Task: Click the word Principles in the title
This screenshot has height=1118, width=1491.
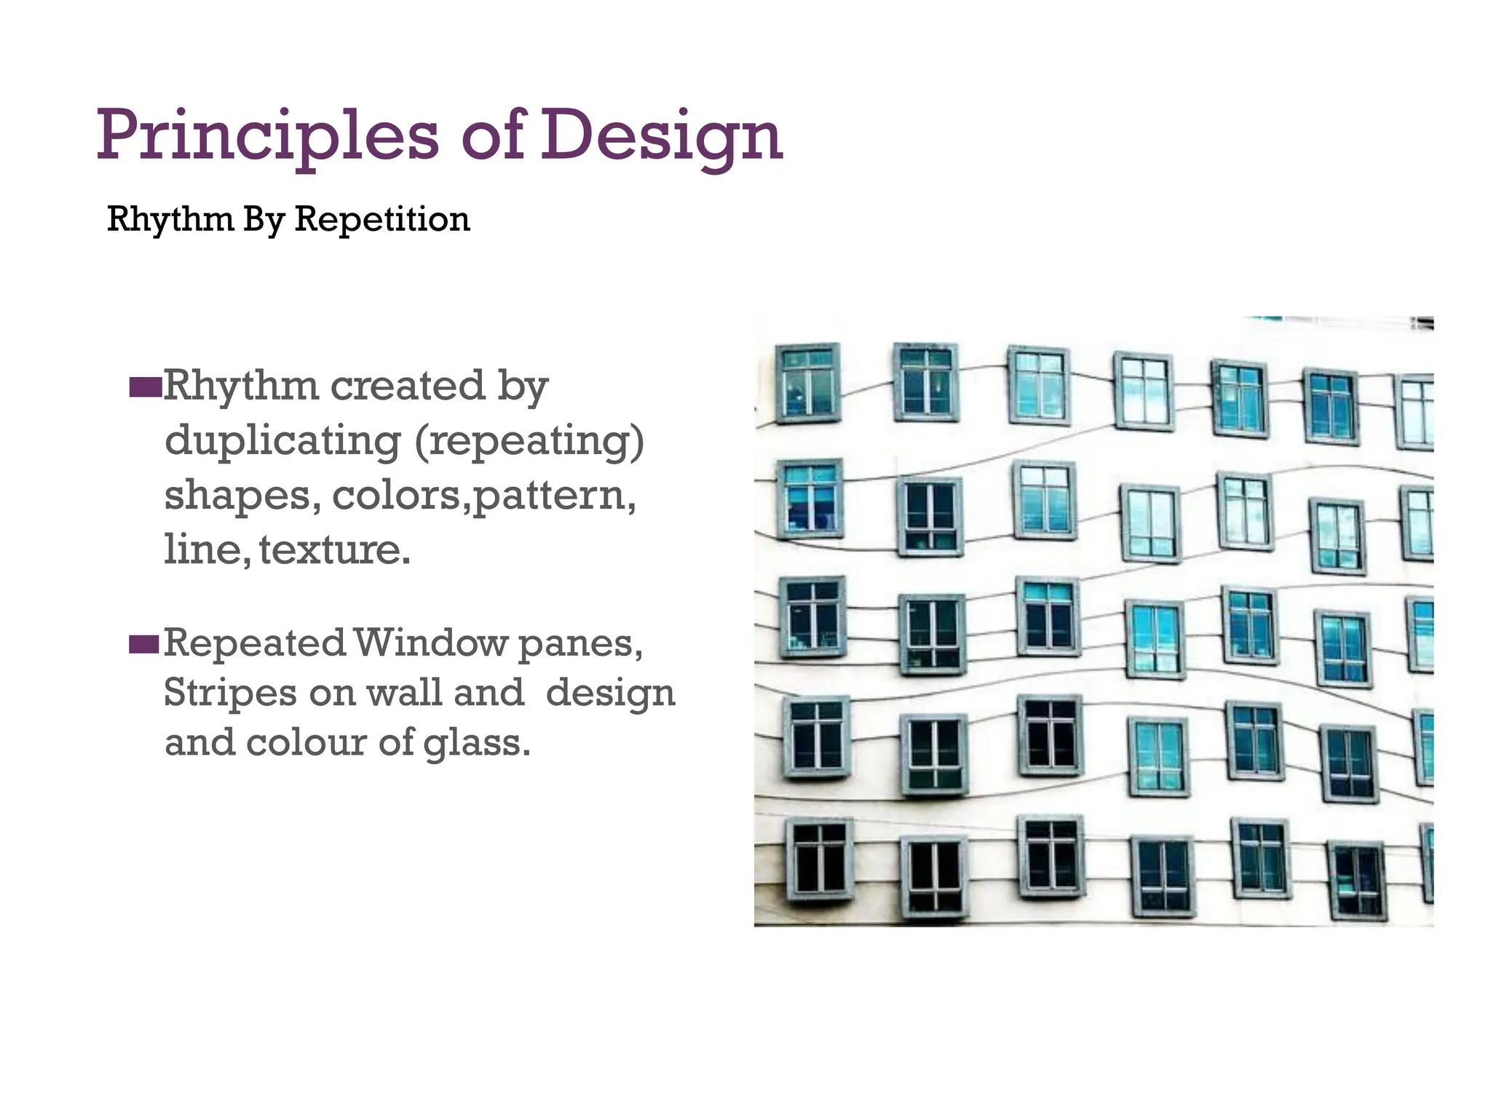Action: coord(267,136)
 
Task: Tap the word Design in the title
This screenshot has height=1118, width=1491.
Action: coord(661,136)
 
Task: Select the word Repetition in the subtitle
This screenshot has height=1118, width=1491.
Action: coord(382,219)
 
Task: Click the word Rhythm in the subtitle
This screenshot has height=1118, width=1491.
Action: coord(170,219)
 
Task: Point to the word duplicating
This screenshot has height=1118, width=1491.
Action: coord(282,441)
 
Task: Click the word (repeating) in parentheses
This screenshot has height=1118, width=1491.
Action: coord(529,441)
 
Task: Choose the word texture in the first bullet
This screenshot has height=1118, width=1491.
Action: coord(334,549)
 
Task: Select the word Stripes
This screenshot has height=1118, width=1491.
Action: coord(230,692)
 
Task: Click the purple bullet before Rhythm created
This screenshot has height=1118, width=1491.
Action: coord(145,387)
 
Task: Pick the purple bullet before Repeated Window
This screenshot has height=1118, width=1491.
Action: coord(144,644)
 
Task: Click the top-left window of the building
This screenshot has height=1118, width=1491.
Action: coord(807,382)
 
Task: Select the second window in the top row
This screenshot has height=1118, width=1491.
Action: coord(925,381)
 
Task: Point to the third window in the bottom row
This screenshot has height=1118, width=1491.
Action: coord(1051,856)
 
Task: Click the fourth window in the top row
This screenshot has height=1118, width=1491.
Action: coord(1144,391)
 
